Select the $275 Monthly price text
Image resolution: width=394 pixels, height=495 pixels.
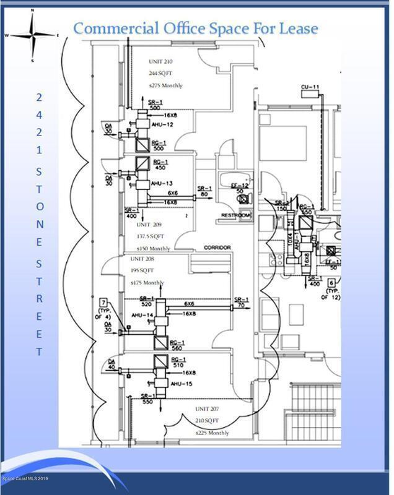coord(165,85)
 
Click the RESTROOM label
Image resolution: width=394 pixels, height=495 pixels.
coord(236,215)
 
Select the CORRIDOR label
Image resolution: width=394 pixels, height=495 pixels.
coord(217,247)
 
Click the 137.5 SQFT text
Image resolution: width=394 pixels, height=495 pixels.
coord(151,236)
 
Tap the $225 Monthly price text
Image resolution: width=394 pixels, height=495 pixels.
coord(212,433)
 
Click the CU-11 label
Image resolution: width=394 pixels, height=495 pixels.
coord(309,87)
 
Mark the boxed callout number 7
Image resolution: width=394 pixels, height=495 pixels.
coord(103,301)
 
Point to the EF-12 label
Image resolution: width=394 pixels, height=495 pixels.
coord(240,186)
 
